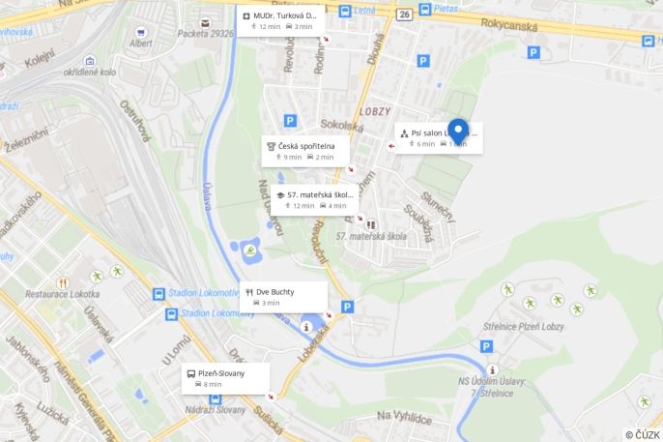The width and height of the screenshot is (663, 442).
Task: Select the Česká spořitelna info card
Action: pyautogui.click(x=304, y=151)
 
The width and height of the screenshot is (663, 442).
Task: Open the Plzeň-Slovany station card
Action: pyautogui.click(x=224, y=378)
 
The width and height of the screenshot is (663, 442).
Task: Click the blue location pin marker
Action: pyautogui.click(x=458, y=131)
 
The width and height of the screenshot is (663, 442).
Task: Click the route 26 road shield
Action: pyautogui.click(x=403, y=15)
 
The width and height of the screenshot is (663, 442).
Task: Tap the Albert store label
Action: pyautogui.click(x=141, y=44)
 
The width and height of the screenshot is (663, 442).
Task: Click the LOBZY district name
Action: pyautogui.click(x=375, y=111)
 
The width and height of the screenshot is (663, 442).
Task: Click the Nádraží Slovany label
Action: pyautogui.click(x=216, y=409)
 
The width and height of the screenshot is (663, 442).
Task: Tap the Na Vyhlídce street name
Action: pyautogui.click(x=404, y=416)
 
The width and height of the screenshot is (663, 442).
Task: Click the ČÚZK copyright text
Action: pyautogui.click(x=642, y=434)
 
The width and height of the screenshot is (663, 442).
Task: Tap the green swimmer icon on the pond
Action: pyautogui.click(x=250, y=250)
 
